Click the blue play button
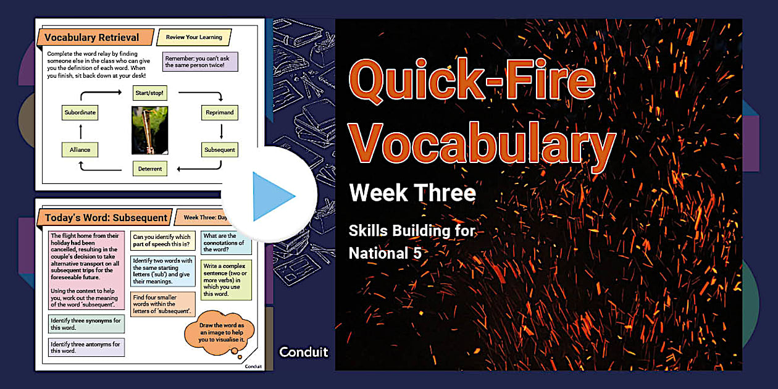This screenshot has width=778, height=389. coord(270,195)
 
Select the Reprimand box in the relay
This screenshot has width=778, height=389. coord(220,113)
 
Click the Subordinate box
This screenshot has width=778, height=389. coord(80,113)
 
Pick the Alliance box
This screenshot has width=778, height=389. coord(80,149)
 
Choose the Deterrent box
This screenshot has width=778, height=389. coord(150,169)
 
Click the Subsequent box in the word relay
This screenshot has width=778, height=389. coord(220,149)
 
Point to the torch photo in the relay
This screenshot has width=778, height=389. coord(149,130)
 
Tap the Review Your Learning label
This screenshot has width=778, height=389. coord(194,38)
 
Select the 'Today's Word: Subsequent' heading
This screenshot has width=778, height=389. coord(106,217)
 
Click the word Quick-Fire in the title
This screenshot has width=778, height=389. coord(472,82)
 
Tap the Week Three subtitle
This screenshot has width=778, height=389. coord(412,193)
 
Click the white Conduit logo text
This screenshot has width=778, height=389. coord(303,352)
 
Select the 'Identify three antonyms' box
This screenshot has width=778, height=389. coord(86,347)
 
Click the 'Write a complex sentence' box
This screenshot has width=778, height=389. coord(227,279)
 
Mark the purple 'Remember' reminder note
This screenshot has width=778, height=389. coord(200,61)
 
